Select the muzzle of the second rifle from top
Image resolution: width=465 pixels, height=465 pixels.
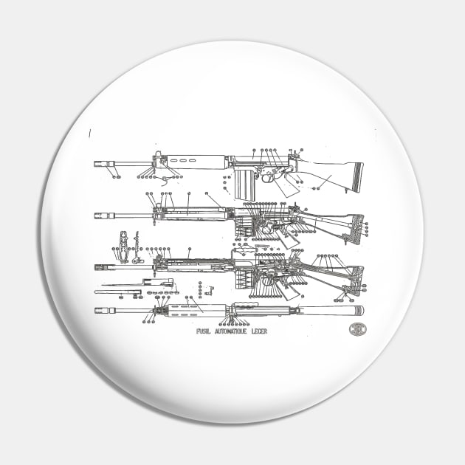(97, 216)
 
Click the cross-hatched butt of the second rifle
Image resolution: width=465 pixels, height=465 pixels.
(358, 229)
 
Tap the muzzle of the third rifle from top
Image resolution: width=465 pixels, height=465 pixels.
(97, 267)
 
